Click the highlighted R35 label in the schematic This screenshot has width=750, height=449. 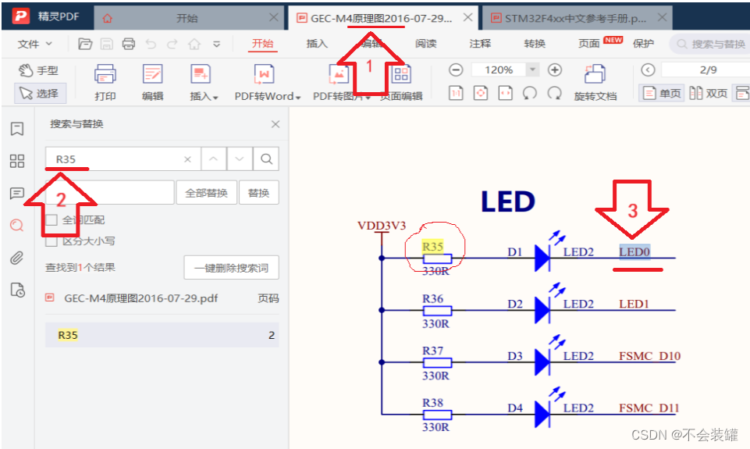point(432,247)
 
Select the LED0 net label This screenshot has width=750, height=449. point(634,252)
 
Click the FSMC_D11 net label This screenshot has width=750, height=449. point(649,408)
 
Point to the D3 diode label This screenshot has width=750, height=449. point(515,356)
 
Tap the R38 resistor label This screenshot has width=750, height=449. point(432,403)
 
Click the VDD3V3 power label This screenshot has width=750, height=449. point(382,226)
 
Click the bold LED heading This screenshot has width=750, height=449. point(507,202)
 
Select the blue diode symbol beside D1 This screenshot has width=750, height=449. point(543,257)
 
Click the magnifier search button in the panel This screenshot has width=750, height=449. point(266,159)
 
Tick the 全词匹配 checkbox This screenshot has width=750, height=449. point(52,220)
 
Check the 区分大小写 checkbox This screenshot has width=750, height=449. point(52,241)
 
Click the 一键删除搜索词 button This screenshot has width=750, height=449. point(231,268)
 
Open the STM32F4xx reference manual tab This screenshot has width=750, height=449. point(574,18)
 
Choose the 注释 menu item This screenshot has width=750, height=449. point(480,44)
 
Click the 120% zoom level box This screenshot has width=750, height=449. point(499,70)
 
